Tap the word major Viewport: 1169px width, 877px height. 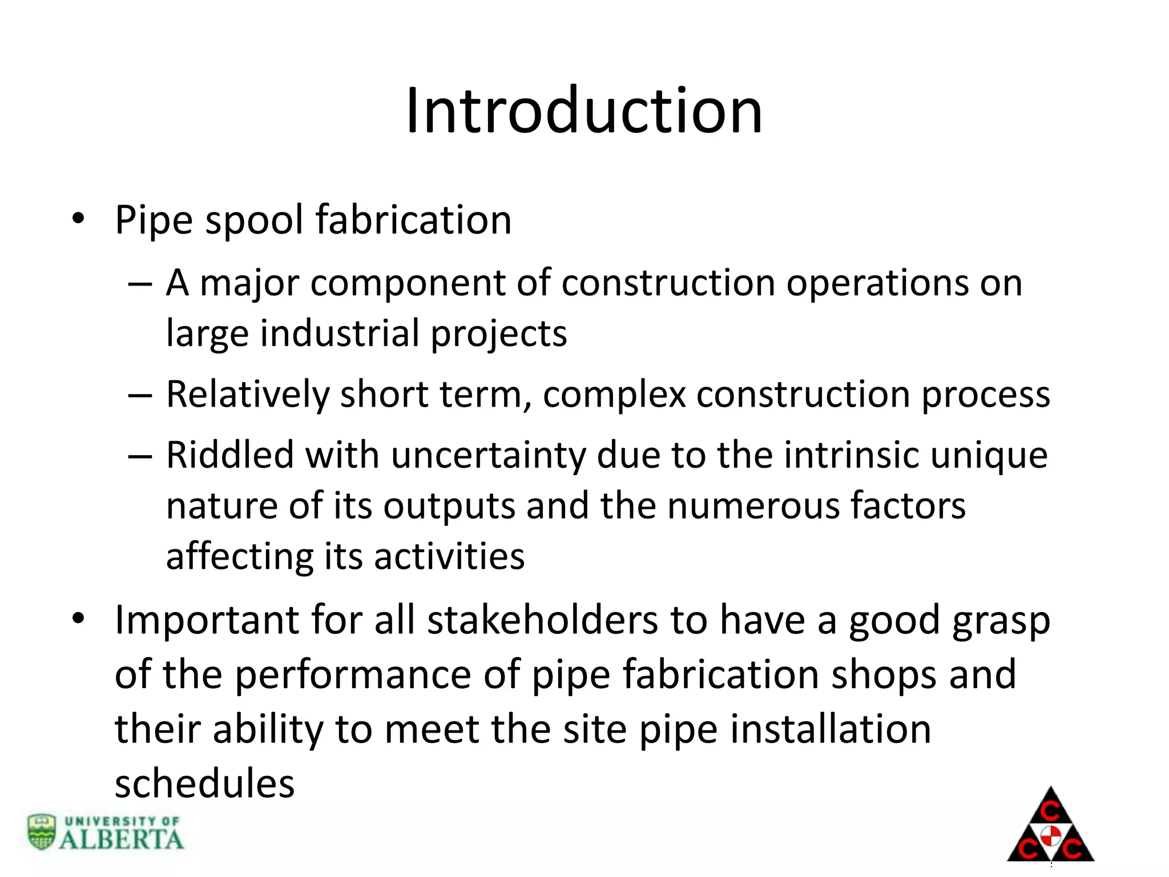[x=249, y=283]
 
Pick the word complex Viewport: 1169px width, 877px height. [x=614, y=395]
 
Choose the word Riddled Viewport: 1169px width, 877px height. [x=229, y=455]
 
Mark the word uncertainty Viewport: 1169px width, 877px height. [x=488, y=455]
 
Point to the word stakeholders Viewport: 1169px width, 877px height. [x=542, y=620]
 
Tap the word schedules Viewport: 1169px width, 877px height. [x=204, y=783]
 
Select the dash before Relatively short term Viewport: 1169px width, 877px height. [x=140, y=395]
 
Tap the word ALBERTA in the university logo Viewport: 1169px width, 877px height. [x=121, y=839]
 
